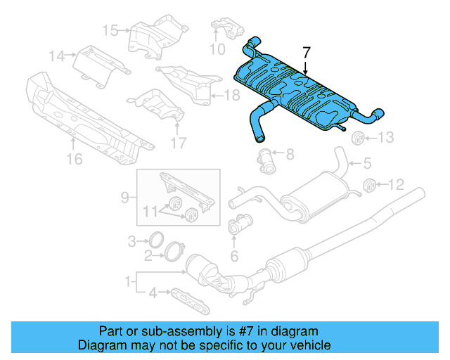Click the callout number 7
306,52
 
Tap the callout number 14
56,55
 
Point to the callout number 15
110,30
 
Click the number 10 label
217,49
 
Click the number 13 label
388,137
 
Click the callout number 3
131,242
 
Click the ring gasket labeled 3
157,239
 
